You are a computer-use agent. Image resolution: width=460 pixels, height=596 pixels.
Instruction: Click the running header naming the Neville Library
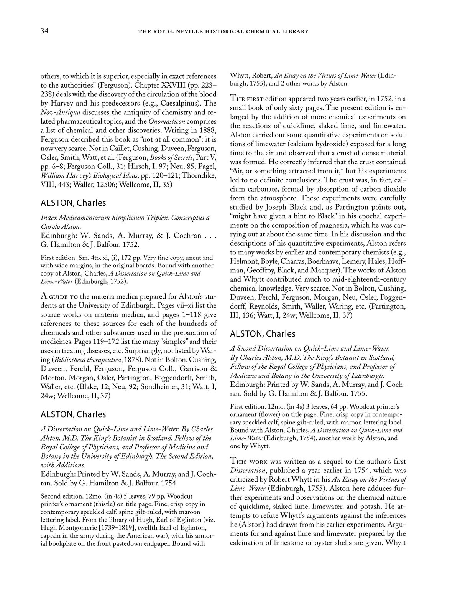click(x=223, y=31)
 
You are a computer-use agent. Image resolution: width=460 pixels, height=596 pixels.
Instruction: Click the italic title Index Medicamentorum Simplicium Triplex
click(x=105, y=218)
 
